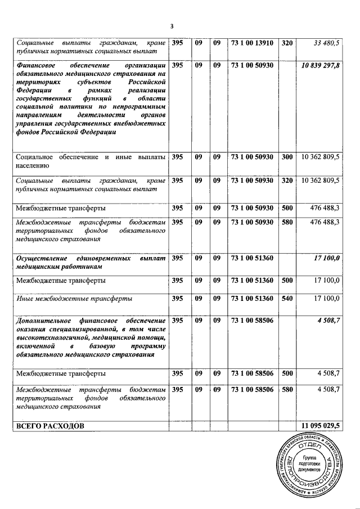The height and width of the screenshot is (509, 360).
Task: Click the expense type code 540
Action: coord(287,298)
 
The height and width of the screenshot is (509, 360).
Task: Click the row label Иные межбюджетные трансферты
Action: coord(75,298)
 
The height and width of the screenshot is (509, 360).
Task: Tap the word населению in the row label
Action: coord(34,166)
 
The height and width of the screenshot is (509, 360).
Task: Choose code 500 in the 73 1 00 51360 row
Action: coord(287,280)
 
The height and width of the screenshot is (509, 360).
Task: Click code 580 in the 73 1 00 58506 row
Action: coord(287,389)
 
